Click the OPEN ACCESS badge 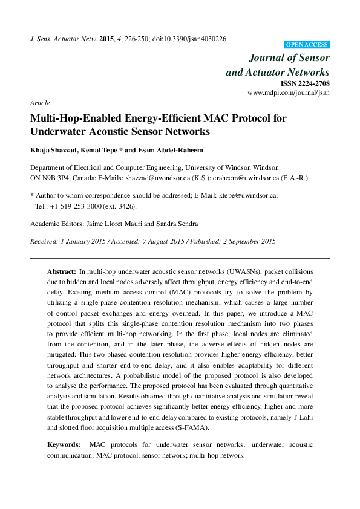click(x=307, y=45)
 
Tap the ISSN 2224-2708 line click(x=306, y=83)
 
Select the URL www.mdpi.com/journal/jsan click(x=289, y=93)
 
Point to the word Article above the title click(x=40, y=103)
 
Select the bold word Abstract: click(x=62, y=272)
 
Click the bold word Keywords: click(x=64, y=444)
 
